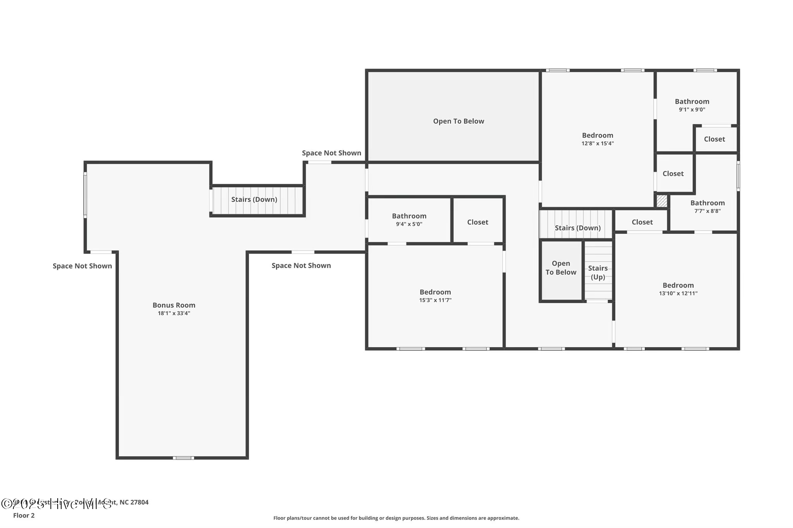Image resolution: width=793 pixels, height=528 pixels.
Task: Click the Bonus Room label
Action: tap(174, 305)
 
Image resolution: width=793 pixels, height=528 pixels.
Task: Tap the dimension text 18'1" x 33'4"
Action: tap(174, 313)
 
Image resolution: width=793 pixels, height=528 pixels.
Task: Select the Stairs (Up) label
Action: tap(598, 273)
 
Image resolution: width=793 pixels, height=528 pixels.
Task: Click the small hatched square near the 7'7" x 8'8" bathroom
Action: tap(662, 201)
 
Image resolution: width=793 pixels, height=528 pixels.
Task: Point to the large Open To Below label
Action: tap(458, 121)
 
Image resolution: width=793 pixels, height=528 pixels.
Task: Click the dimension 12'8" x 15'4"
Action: tap(597, 144)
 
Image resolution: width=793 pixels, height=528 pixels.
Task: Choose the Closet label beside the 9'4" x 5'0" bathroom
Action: tap(477, 222)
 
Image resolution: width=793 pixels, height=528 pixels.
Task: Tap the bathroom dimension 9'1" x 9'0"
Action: tap(692, 110)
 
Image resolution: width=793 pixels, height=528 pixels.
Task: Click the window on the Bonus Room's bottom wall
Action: tap(183, 458)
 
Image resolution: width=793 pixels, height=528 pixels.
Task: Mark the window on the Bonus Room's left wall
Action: tap(85, 195)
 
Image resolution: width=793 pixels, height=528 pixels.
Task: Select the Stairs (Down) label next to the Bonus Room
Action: tap(254, 199)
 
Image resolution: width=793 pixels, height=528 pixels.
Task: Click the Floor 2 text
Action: tap(24, 515)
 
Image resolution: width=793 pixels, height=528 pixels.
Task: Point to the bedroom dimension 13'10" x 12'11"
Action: tap(678, 293)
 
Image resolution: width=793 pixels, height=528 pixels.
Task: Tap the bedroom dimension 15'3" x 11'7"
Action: tap(435, 300)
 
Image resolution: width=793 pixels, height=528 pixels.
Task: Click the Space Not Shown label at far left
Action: tap(82, 266)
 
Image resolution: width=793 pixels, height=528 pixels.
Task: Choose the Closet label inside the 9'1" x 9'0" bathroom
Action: tap(714, 139)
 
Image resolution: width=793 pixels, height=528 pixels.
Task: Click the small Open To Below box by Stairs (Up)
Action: tap(561, 268)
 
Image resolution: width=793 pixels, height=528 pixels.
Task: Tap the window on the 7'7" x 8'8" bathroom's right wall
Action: tap(738, 176)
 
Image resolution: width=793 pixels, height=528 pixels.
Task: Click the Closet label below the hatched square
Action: tap(642, 222)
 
